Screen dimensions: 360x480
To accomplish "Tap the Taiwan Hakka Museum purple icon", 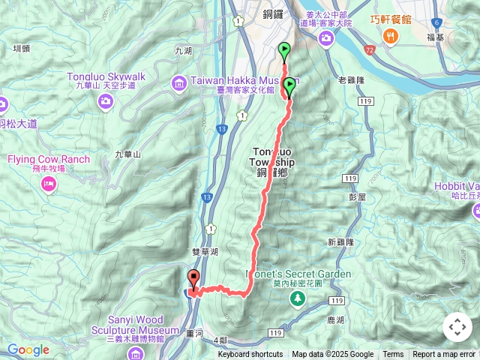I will point(178,82).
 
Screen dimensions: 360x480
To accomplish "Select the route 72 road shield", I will point(369,49).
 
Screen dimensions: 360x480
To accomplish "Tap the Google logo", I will point(28,349).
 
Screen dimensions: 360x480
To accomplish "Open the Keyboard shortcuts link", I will point(250,355).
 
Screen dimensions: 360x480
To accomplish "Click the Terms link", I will point(393,355).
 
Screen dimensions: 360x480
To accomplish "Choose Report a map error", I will point(444,355).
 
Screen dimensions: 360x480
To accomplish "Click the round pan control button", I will point(457,327).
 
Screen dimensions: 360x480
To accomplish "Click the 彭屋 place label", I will point(356,196).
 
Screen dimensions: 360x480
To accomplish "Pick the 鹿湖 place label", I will point(336,320).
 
